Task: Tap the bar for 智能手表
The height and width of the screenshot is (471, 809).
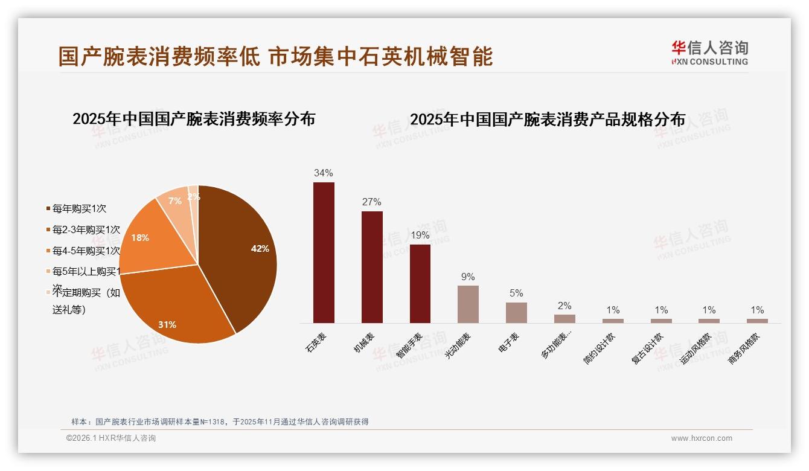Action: (x=420, y=283)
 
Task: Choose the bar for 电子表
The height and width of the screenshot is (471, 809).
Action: (x=516, y=312)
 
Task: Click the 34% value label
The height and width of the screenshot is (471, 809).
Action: (x=324, y=173)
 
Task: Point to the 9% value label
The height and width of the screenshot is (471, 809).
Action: (x=468, y=277)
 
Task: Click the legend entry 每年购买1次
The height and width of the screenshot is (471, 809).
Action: (x=79, y=209)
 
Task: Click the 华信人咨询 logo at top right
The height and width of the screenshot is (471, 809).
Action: (x=709, y=53)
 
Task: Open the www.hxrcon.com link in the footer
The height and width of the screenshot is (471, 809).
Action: (x=702, y=438)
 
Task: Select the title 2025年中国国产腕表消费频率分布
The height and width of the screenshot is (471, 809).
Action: (x=194, y=119)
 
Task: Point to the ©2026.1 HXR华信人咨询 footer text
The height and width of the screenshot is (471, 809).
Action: (x=111, y=438)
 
